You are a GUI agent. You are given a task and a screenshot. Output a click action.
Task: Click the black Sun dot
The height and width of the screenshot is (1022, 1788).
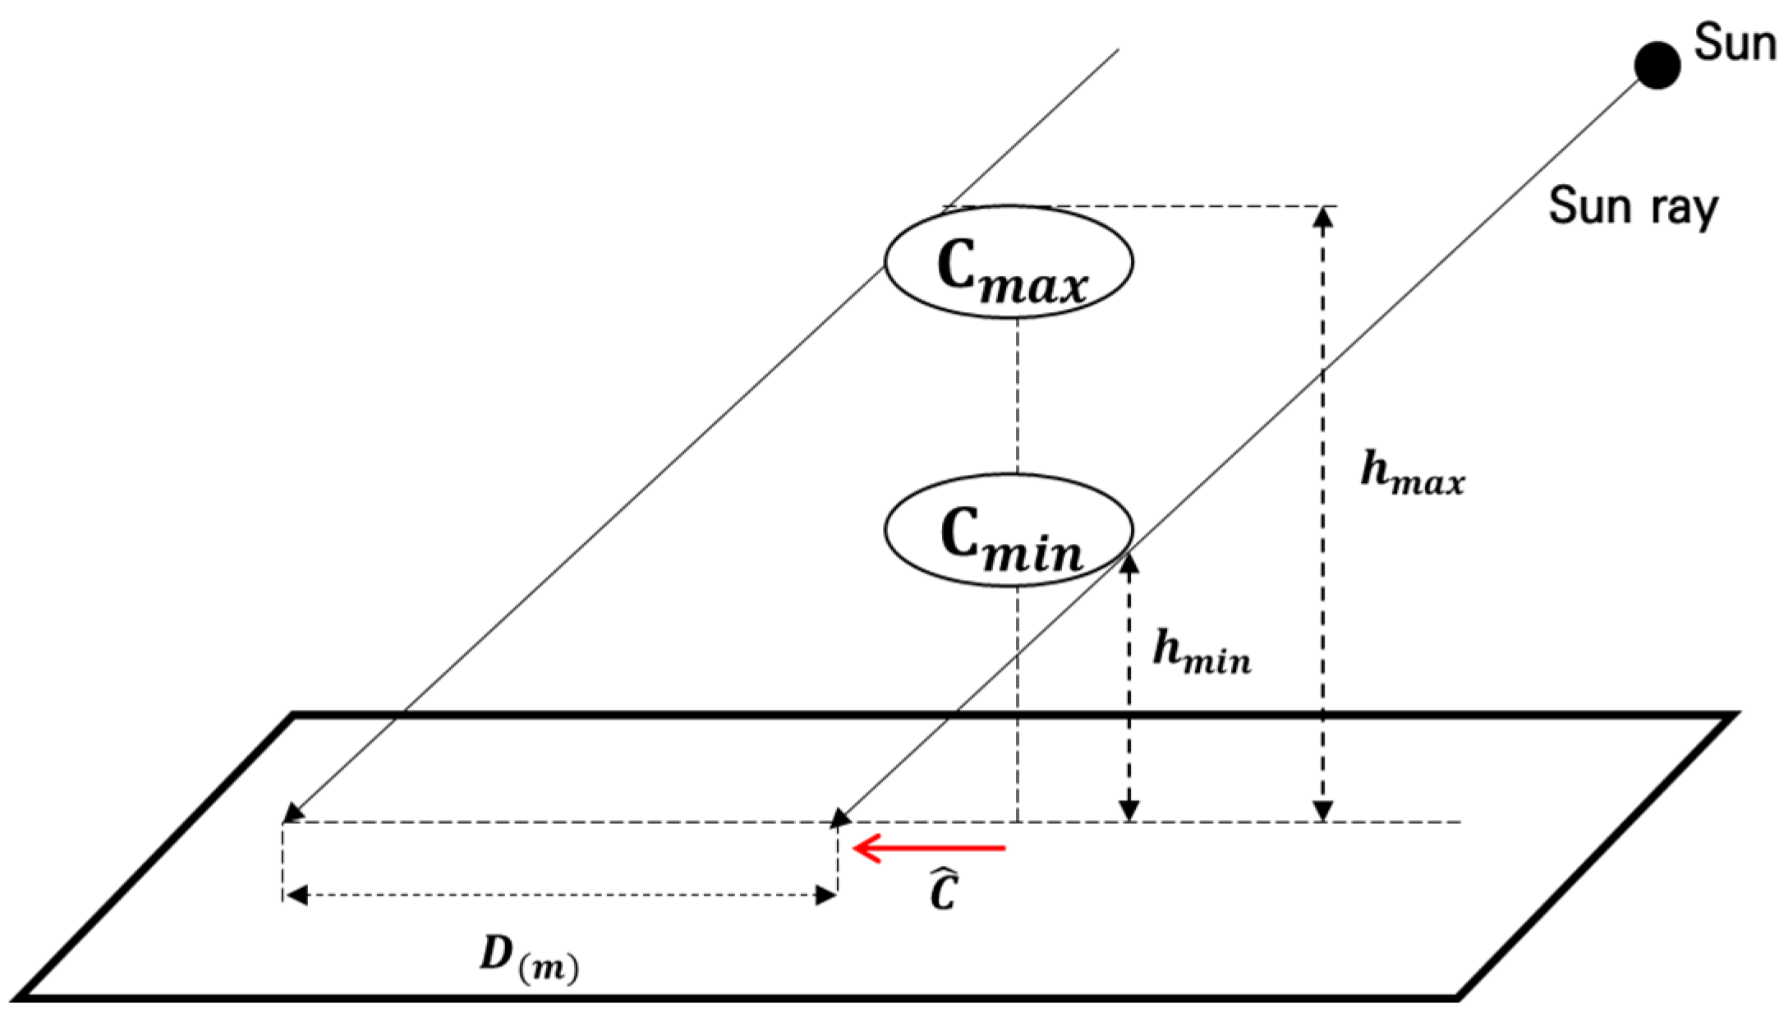[x=1656, y=66]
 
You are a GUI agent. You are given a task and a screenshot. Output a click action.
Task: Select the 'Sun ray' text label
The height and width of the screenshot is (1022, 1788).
[x=1633, y=207]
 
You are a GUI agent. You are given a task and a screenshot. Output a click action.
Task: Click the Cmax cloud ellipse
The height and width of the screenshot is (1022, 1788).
[x=1009, y=261]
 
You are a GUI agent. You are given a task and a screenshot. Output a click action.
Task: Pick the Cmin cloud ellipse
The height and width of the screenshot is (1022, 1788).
[x=1009, y=530]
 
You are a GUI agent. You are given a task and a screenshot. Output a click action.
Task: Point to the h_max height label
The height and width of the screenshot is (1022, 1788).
[x=1412, y=474]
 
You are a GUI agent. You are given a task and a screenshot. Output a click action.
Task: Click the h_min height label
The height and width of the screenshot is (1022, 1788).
[x=1202, y=654]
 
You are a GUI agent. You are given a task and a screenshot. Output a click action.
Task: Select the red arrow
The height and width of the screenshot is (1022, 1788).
[x=929, y=847]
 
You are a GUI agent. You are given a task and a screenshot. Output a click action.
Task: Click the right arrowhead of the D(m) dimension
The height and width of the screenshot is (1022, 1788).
[x=825, y=895]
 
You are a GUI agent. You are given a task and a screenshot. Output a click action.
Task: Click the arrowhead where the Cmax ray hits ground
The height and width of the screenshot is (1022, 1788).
[x=292, y=814]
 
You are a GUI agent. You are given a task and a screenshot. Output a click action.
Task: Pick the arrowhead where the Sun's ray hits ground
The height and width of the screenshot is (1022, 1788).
[x=840, y=817]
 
